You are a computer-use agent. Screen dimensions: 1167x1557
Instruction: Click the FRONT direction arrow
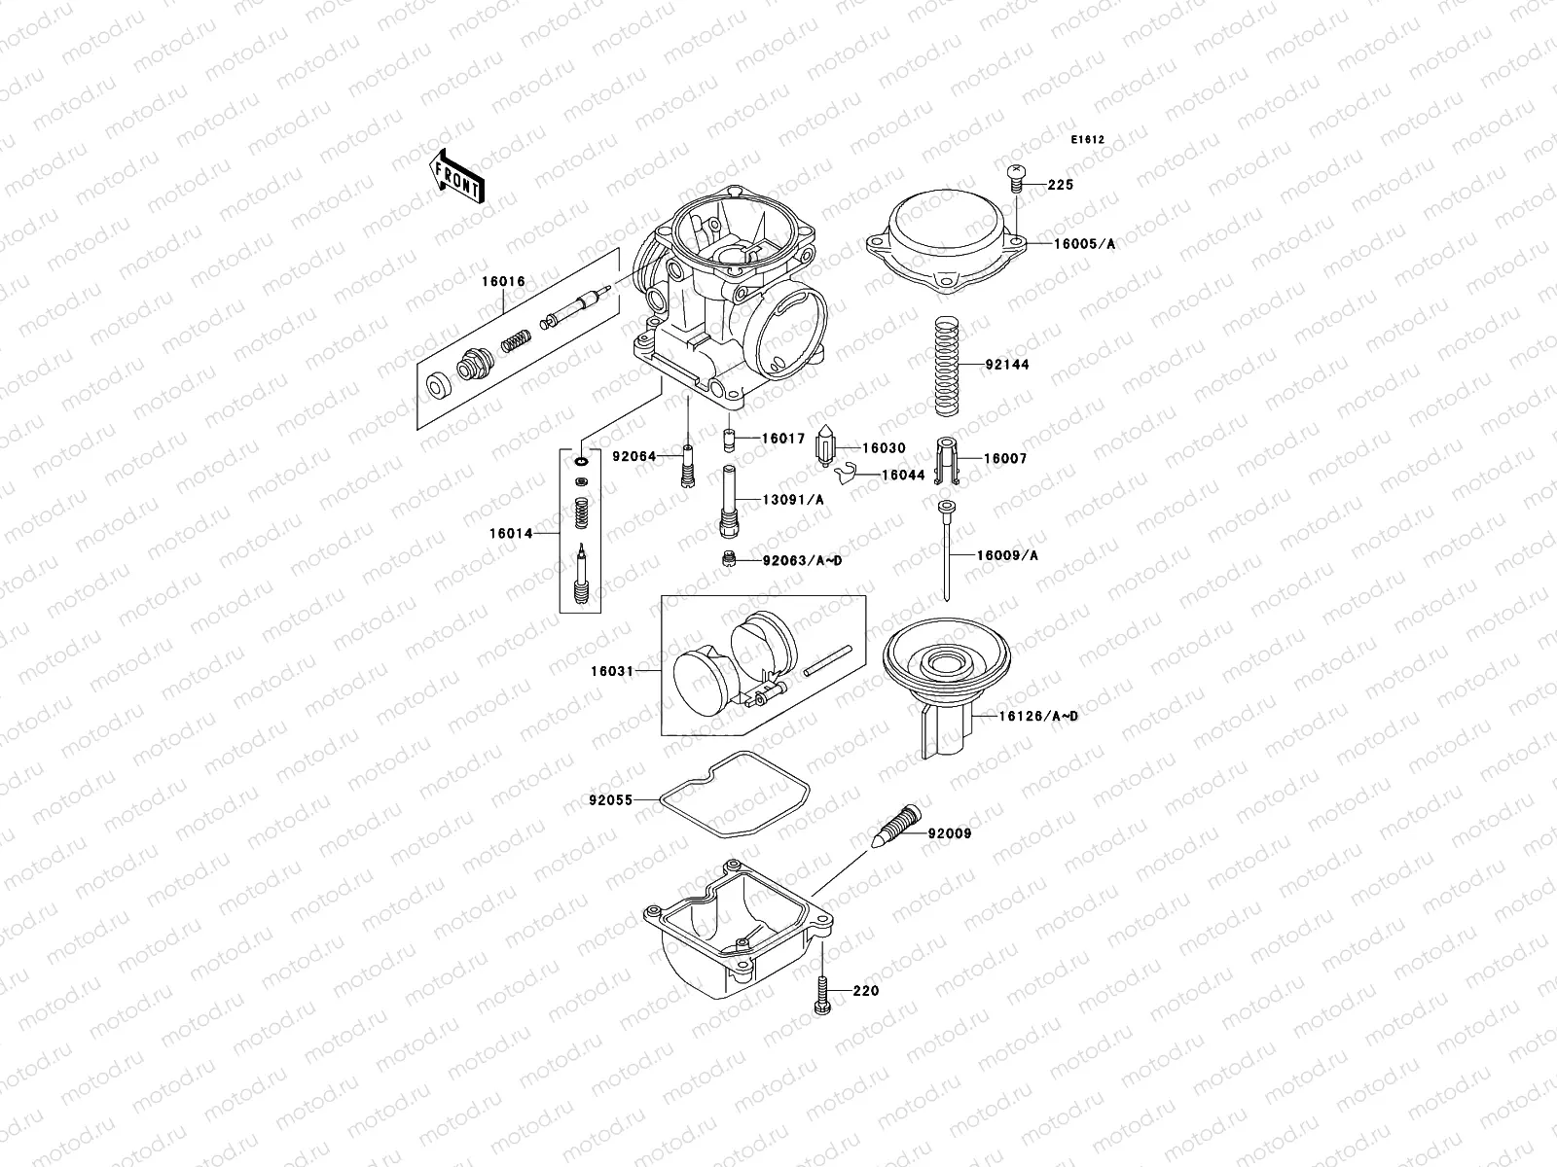click(458, 175)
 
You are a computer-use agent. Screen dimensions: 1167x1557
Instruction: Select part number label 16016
click(501, 281)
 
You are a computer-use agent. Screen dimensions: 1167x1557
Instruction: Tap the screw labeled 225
click(1016, 176)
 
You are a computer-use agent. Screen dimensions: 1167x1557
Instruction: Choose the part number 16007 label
click(1005, 458)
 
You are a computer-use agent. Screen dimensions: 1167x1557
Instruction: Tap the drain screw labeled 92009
click(901, 825)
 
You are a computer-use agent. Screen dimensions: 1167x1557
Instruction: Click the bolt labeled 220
click(821, 994)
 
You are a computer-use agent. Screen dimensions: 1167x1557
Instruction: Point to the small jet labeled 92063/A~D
click(727, 559)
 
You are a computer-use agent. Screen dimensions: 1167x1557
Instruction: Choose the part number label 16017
click(782, 439)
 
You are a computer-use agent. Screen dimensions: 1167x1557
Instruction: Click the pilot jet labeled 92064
click(688, 466)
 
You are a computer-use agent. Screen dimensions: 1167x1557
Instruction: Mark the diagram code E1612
click(1088, 140)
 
